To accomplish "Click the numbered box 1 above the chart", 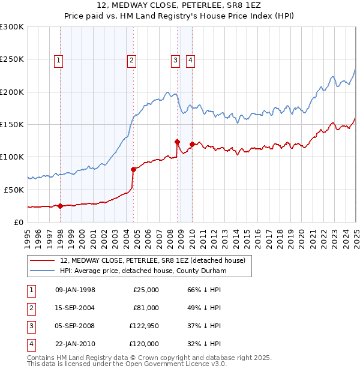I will [x=59, y=59].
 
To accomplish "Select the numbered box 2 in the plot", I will [x=131, y=59].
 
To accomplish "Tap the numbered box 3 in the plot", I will [x=175, y=59].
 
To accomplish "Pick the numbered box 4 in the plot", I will [x=190, y=59].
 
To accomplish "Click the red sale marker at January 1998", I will [x=60, y=206].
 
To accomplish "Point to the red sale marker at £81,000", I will [x=133, y=169].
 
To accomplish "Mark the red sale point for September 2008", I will [x=177, y=142].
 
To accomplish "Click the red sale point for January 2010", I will [x=192, y=144].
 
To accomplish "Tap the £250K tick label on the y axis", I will [x=12, y=59].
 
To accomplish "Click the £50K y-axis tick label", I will [x=14, y=190].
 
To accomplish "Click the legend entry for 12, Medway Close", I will [x=152, y=260].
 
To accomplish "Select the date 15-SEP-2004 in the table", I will [x=75, y=308].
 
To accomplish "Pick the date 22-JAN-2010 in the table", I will [x=75, y=344].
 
